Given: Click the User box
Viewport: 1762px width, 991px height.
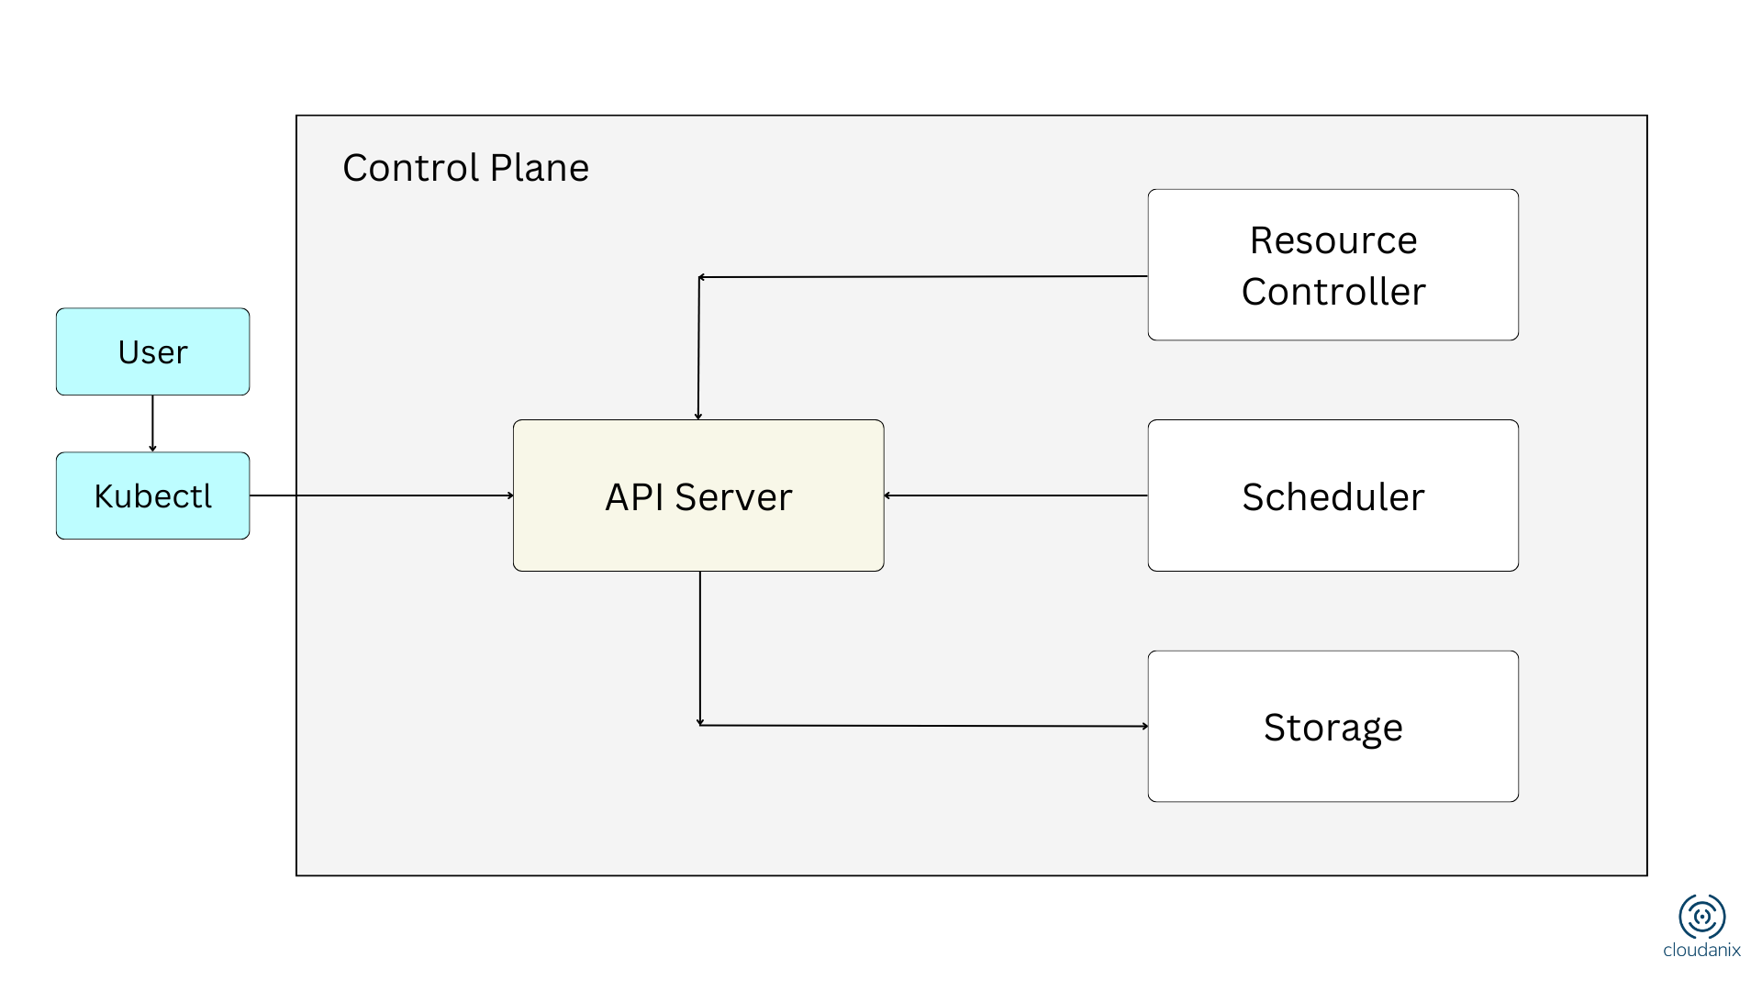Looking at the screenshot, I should [152, 352].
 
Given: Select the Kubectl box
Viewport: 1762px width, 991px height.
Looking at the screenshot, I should [152, 495].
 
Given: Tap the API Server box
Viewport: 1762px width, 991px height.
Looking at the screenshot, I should [698, 495].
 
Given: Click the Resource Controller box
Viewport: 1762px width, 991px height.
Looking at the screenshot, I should [1333, 265].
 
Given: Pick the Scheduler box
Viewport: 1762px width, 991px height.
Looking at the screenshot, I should [1333, 495].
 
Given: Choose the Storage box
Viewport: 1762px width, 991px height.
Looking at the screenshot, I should [1333, 727].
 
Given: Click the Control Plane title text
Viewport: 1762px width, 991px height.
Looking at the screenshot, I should [465, 168].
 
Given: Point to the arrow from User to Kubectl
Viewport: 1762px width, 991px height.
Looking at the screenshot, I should [152, 423].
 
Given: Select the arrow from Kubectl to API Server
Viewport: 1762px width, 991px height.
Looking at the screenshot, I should [381, 495].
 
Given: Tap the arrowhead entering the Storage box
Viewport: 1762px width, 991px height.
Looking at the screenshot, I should [1144, 726].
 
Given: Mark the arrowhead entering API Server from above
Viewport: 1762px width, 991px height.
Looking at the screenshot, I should [698, 416].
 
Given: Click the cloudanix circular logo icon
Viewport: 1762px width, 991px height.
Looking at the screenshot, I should [1701, 916].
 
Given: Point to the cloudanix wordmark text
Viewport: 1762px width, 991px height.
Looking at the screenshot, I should [1701, 951].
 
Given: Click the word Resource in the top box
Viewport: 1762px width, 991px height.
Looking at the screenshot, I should [1333, 240].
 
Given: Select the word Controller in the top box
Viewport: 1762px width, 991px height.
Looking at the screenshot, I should [1333, 292].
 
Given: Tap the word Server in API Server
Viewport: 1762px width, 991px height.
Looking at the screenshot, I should [733, 497].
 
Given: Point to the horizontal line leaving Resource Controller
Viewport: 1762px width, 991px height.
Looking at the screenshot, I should [922, 276].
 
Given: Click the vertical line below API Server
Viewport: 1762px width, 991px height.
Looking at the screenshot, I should [700, 647].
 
